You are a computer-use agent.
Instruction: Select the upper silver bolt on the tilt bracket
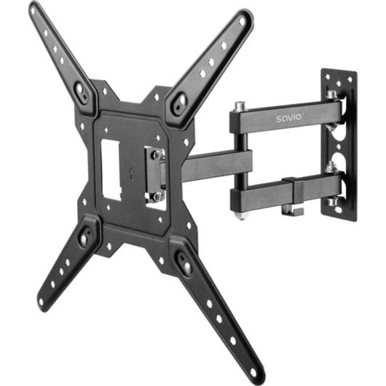pos(157,154)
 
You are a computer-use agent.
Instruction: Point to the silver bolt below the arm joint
pos(241,213)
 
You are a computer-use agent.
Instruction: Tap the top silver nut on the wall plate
pos(331,95)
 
